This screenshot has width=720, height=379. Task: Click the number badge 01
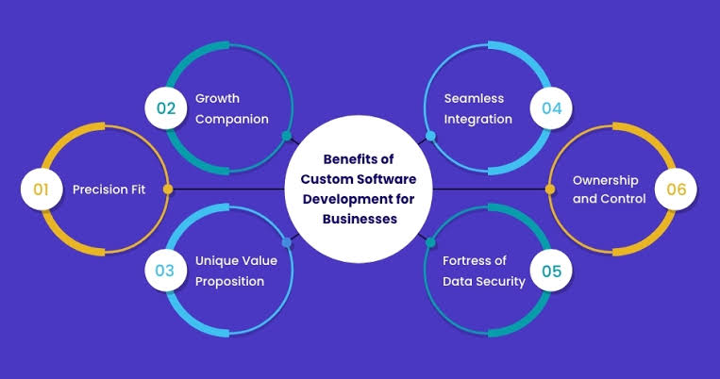[x=42, y=189]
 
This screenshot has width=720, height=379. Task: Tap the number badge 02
[x=166, y=108]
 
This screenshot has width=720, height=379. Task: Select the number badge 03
[x=166, y=271]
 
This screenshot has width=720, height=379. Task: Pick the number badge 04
[x=551, y=108]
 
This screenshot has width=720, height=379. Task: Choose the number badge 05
[x=551, y=271]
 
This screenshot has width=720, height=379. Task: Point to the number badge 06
[x=676, y=189]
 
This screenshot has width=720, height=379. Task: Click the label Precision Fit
[x=109, y=189]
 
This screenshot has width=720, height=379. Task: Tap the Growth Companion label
[x=232, y=108]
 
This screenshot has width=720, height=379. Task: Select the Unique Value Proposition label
[x=236, y=271]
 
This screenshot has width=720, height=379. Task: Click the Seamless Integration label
[x=478, y=108]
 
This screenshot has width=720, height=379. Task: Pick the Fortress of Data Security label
[x=484, y=271]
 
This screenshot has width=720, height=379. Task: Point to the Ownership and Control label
[x=609, y=189]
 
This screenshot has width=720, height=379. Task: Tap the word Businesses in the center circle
[x=360, y=219]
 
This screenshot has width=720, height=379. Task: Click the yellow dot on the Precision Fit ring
[x=168, y=189]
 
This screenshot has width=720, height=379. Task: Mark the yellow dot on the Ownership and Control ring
[x=549, y=189]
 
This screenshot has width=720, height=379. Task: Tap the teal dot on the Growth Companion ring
[x=287, y=136]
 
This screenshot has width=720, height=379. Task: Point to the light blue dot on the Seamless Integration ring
[x=430, y=136]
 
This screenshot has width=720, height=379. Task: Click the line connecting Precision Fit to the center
[x=228, y=189]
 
